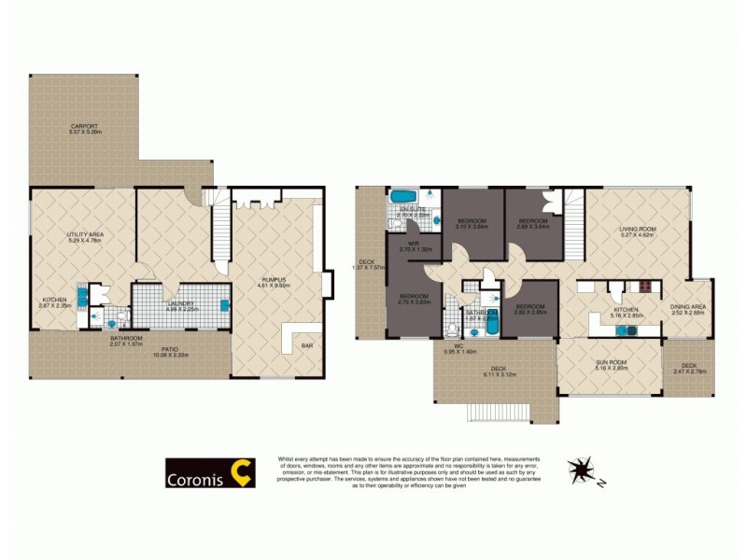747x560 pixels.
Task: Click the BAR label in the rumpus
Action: pos(307,346)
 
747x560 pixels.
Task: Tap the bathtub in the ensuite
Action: pos(403,196)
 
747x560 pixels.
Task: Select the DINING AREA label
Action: pos(687,309)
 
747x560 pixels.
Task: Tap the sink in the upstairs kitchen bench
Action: pos(621,329)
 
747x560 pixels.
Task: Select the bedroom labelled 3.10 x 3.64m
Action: pos(472,223)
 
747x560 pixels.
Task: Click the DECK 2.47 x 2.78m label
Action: pos(688,368)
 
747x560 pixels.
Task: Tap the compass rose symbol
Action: pos(581,469)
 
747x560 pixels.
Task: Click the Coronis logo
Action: pos(210,472)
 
